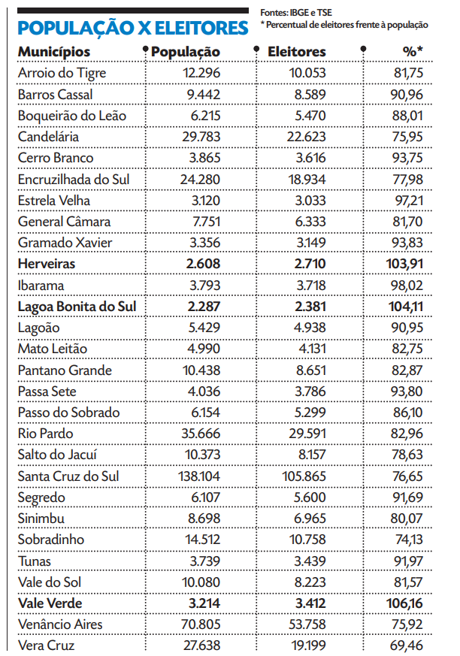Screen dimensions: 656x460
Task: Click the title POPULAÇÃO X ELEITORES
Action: coord(132,28)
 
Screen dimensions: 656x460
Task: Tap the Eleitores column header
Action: coord(297,52)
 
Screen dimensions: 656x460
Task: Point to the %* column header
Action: coord(413,52)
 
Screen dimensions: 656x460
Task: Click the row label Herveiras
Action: coord(47,265)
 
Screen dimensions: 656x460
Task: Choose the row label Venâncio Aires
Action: coord(60,624)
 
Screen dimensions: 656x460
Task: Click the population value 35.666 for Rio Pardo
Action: coord(199,434)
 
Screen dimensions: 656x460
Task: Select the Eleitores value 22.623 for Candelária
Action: coord(307,138)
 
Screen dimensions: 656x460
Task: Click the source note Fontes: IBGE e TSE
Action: coord(296,13)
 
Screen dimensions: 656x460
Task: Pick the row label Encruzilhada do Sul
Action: coord(74,180)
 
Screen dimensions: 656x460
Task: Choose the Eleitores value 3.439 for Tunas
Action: coord(310,561)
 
